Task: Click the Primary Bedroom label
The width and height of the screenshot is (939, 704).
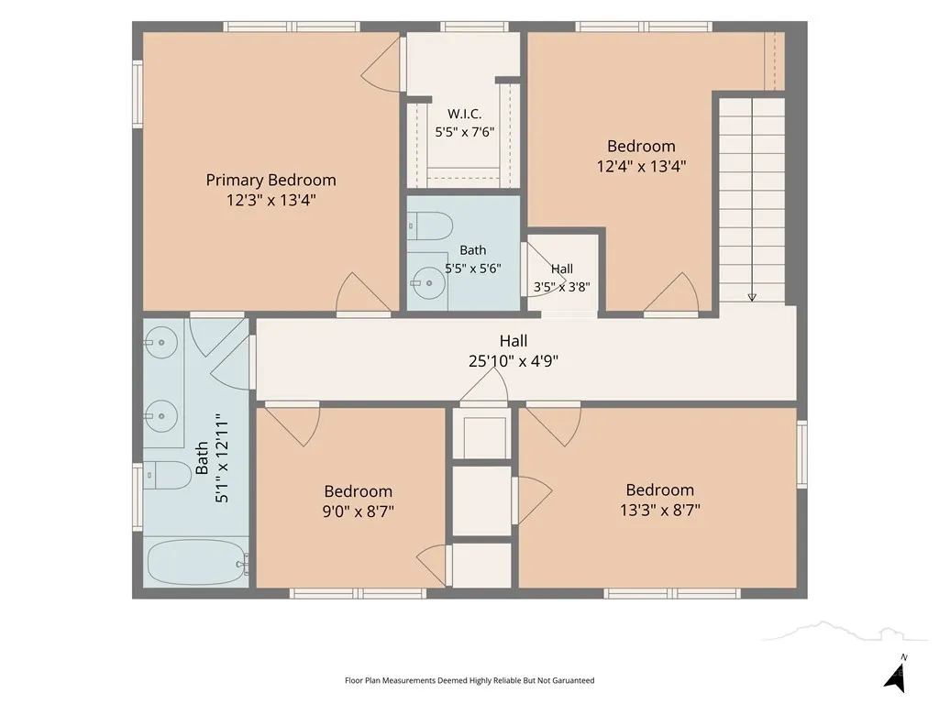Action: (271, 180)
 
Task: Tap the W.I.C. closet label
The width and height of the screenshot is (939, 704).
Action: (464, 114)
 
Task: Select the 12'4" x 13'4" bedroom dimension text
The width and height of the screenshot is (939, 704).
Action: (641, 166)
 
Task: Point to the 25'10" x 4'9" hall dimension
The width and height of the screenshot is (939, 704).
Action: (514, 361)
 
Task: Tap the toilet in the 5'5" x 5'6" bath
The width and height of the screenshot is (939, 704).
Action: (430, 226)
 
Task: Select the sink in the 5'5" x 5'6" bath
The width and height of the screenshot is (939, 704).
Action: (428, 282)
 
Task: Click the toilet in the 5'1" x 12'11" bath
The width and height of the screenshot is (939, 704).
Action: (167, 476)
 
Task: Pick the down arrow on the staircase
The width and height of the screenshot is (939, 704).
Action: (752, 298)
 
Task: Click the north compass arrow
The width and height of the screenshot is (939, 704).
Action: (896, 676)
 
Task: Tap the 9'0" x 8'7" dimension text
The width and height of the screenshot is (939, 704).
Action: (359, 511)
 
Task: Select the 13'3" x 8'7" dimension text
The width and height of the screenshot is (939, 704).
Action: (660, 510)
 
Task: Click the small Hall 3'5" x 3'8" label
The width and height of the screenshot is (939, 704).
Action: (562, 278)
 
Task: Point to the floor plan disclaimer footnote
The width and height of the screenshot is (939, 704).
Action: (469, 680)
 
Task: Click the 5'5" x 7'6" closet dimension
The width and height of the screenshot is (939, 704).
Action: (465, 132)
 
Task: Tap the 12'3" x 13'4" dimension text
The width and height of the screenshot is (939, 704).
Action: (271, 200)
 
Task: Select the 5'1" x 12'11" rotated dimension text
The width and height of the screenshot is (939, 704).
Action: (222, 458)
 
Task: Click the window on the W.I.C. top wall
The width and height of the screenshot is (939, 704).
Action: (474, 27)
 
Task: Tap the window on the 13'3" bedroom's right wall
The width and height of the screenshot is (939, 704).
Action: (801, 454)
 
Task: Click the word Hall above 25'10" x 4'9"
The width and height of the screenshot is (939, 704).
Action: (514, 341)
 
